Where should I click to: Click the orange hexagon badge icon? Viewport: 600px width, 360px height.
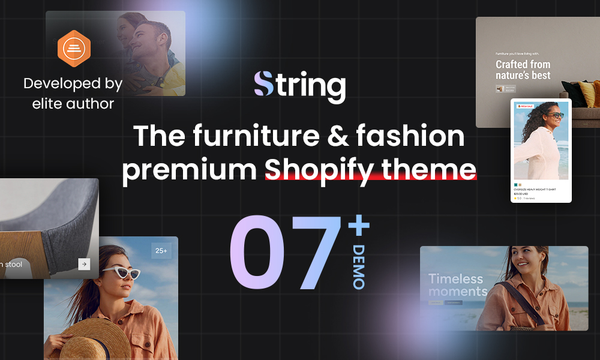[74, 49]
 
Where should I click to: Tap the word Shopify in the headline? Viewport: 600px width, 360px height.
[326, 169]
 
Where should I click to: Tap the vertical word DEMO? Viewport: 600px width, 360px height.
[359, 267]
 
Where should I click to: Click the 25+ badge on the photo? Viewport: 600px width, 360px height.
[161, 250]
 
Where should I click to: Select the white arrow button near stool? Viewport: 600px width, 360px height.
[84, 263]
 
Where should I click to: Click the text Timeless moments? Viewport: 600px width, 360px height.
[457, 285]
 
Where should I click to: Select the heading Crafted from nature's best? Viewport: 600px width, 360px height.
[523, 70]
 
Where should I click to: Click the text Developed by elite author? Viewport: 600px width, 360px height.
[73, 93]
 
